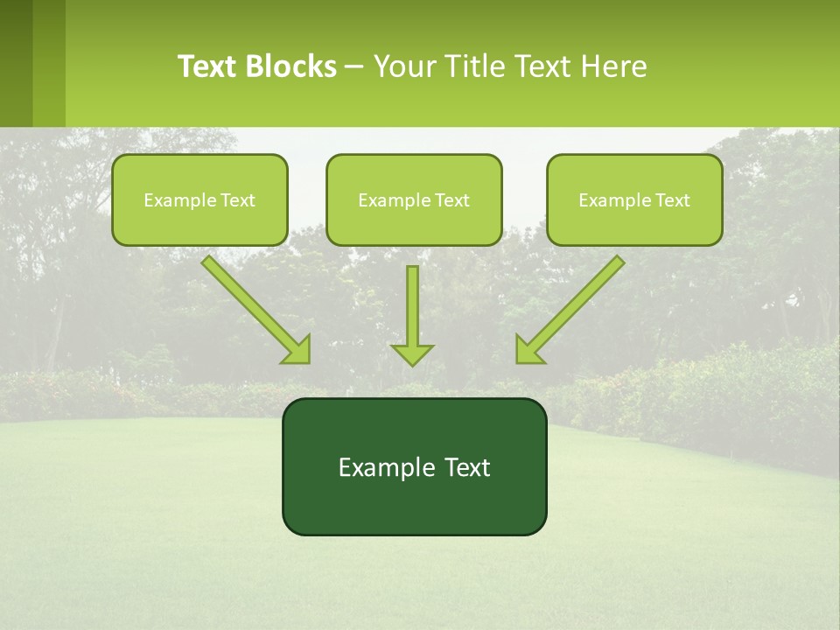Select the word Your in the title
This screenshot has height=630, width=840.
[402, 66]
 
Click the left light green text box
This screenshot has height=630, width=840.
[199, 223]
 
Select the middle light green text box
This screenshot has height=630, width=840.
[414, 223]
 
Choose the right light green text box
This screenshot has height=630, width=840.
[634, 223]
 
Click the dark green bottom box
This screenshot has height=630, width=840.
[414, 507]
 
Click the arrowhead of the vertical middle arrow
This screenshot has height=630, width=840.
[412, 354]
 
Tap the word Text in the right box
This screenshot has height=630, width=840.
[673, 200]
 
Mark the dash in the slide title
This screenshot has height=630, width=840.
[354, 66]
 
